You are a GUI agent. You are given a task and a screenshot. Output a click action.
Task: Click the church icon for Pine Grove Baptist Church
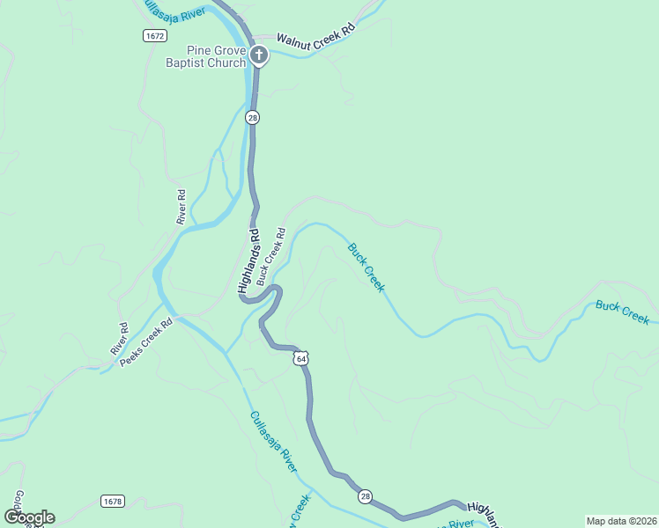258,56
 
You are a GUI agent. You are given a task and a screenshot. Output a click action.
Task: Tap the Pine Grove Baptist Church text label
206,56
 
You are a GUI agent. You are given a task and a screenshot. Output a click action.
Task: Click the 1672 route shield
155,34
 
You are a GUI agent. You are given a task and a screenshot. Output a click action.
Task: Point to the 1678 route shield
113,502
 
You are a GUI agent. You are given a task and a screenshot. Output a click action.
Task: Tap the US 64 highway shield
301,358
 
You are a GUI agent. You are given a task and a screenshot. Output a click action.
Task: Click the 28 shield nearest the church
253,117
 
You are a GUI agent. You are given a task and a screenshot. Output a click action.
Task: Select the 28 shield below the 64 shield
365,497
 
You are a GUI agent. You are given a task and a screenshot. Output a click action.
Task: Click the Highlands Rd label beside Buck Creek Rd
249,261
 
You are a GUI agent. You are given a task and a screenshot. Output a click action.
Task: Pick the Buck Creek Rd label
271,257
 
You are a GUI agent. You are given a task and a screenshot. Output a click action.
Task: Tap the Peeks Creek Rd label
147,342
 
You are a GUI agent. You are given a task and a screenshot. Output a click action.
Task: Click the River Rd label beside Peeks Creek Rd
119,339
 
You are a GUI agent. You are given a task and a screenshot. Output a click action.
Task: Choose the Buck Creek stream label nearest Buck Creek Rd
366,268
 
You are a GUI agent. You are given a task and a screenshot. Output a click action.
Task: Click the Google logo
29,517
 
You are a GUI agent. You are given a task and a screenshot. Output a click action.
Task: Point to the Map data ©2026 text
620,521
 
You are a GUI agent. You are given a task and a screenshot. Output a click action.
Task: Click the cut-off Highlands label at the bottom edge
483,515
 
